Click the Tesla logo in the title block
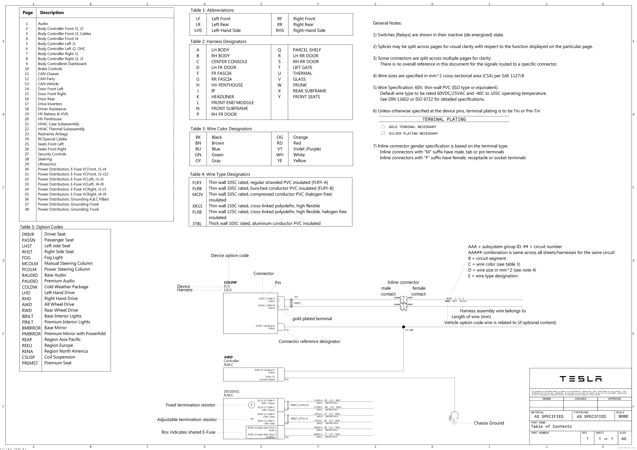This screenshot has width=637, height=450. click(x=580, y=379)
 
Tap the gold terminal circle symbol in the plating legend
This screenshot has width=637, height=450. click(x=383, y=127)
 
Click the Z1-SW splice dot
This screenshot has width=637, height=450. click(x=403, y=327)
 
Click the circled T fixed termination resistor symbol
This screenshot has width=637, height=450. click(x=251, y=405)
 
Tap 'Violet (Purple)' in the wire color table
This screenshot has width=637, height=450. click(x=307, y=149)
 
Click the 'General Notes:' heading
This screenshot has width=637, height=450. click(x=387, y=23)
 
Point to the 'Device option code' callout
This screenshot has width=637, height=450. click(x=230, y=256)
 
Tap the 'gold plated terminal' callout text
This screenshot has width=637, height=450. click(x=312, y=319)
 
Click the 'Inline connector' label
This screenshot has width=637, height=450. click(x=403, y=282)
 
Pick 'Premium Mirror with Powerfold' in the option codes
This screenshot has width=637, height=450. click(x=75, y=334)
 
